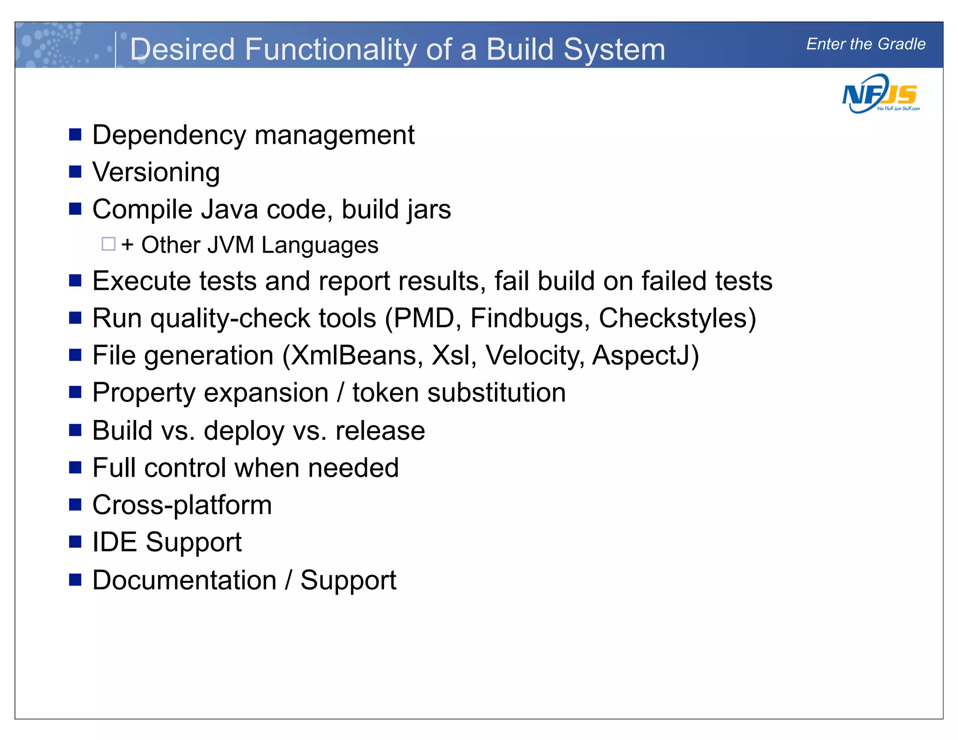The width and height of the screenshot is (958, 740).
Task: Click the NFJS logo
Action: click(x=880, y=94)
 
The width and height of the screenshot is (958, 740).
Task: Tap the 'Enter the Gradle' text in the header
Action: click(x=865, y=44)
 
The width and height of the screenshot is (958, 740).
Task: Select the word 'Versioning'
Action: click(x=156, y=173)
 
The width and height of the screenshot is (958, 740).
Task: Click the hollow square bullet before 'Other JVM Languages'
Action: click(x=109, y=244)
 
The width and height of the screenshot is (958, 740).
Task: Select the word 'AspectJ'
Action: click(x=641, y=355)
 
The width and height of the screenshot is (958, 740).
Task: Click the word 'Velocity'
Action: click(x=534, y=355)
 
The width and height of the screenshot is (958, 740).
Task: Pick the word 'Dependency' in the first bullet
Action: click(x=169, y=136)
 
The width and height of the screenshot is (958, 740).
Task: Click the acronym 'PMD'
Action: click(x=424, y=319)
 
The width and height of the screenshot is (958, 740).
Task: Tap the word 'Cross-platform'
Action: click(x=182, y=505)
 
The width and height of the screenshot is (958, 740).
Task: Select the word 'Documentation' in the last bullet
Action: click(x=184, y=580)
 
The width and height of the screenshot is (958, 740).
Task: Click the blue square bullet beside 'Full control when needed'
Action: click(x=75, y=467)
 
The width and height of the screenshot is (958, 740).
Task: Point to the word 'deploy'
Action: click(x=244, y=431)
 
